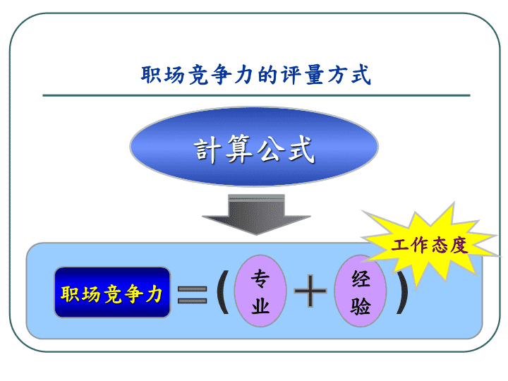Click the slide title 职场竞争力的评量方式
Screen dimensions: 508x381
pos(255,75)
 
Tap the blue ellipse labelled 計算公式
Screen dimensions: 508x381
pos(254,147)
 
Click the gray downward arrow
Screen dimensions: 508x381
pos(256,214)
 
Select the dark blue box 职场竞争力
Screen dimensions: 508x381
pos(112,292)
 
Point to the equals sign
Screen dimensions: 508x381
pos(192,294)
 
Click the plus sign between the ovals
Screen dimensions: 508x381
pos(310,291)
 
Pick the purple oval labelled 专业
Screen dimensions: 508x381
pos(260,291)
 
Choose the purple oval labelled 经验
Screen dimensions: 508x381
pos(361,291)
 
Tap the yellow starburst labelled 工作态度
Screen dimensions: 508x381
pos(430,246)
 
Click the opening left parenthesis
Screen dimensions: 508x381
pos(223,291)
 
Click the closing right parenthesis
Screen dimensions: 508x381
pos(401,291)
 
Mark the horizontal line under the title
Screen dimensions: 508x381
pos(256,95)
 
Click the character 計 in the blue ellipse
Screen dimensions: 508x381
pos(206,150)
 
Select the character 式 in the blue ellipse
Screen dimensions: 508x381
pos(302,150)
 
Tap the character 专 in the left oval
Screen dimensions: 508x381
pos(260,279)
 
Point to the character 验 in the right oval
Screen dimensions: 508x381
pos(361,306)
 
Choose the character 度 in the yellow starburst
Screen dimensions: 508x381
pos(459,246)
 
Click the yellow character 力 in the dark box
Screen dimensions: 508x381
pos(154,294)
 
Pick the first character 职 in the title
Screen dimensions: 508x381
pos(151,75)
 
